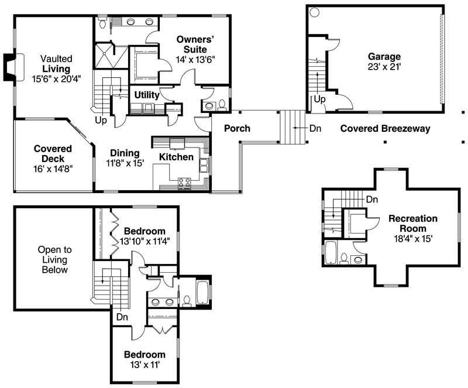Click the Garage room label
384,57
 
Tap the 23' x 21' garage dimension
384,67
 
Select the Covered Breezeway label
385,129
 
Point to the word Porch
238,129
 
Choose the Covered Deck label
53,153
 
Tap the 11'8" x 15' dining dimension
125,163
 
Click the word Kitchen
176,157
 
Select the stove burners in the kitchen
184,183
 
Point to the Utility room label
146,95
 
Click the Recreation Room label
412,223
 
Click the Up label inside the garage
319,99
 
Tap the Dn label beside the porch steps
315,128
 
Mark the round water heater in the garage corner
314,12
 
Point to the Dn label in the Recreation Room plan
371,200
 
